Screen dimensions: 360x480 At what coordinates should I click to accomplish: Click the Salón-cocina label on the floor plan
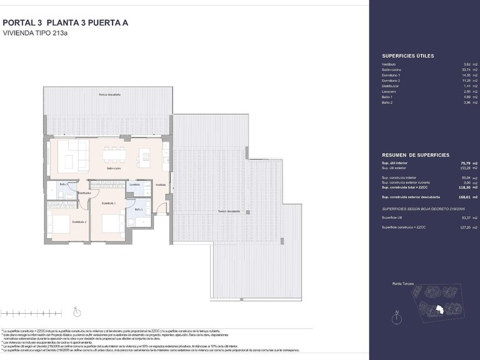tap(114, 168)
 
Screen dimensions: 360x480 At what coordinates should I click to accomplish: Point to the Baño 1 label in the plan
tap(139, 209)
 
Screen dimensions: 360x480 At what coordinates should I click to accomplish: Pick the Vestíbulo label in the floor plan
tap(161, 185)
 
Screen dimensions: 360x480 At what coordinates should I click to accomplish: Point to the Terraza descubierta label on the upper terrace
tap(109, 95)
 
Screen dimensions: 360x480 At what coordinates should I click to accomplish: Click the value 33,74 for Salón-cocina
tap(457, 70)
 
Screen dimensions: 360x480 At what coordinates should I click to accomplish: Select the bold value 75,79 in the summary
tap(457, 164)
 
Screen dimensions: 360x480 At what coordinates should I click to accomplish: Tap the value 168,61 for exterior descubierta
tap(456, 196)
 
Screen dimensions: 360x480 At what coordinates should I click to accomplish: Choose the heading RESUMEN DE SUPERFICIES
tap(414, 154)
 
